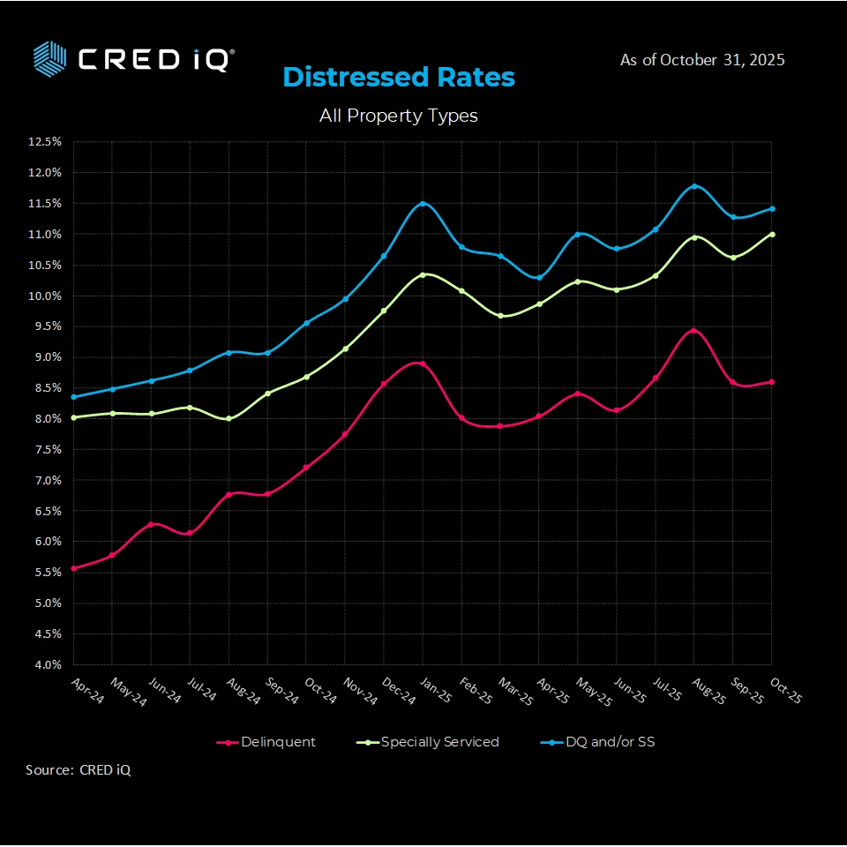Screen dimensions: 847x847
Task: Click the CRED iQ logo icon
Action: (50, 57)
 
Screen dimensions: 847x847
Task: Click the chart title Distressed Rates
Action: (399, 77)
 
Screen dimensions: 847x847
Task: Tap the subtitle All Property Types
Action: (399, 116)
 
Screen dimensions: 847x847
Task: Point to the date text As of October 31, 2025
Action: (702, 60)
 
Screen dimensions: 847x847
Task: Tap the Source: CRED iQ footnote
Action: (79, 770)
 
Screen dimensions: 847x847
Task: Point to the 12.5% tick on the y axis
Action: (44, 141)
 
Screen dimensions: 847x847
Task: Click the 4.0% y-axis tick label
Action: (46, 664)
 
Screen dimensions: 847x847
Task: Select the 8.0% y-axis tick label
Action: (46, 418)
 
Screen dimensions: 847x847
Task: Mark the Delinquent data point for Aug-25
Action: (694, 331)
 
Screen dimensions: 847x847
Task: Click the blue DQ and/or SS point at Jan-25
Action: (423, 204)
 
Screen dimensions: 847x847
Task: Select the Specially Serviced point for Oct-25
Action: (772, 234)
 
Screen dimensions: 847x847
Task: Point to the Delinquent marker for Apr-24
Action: (73, 568)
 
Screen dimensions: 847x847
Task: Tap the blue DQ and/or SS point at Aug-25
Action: (694, 186)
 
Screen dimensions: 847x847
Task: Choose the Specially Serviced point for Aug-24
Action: (229, 418)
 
